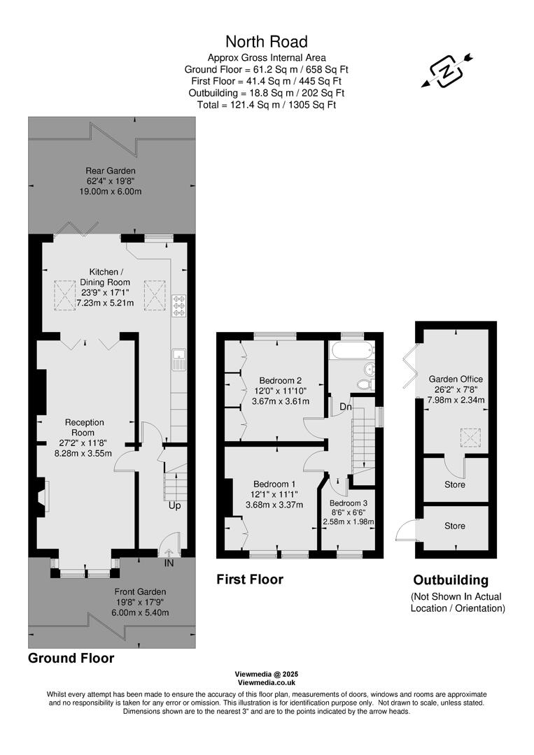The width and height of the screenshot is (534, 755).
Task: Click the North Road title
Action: click(266, 42)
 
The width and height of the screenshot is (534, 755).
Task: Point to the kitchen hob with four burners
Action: click(178, 308)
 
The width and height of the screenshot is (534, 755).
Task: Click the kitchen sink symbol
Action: click(178, 358)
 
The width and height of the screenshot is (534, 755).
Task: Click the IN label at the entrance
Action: click(169, 562)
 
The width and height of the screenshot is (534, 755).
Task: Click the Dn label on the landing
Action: click(346, 406)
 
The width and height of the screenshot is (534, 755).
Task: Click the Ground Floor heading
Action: click(71, 658)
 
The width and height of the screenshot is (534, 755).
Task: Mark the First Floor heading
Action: click(250, 579)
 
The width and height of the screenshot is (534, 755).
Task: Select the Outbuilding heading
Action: click(451, 580)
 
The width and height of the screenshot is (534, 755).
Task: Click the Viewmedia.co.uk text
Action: click(267, 682)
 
